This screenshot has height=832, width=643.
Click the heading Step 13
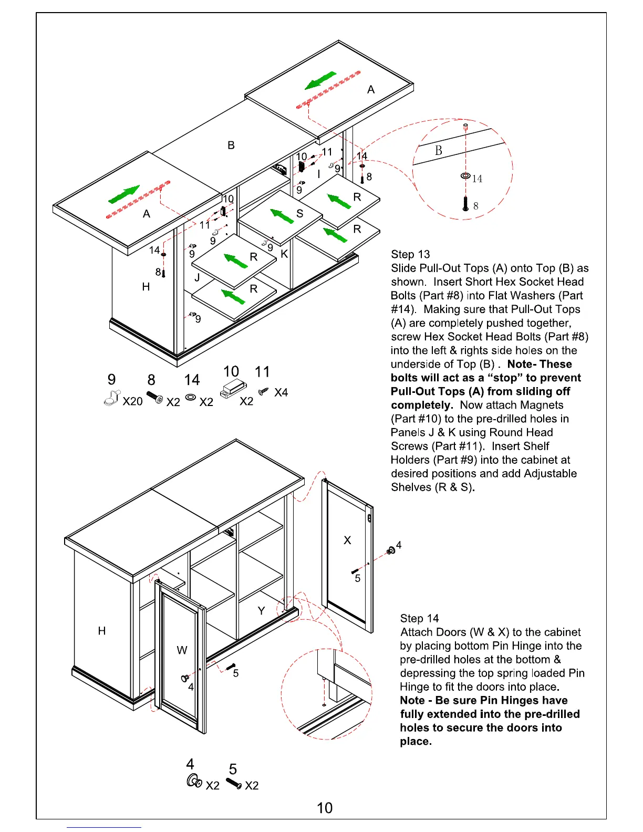tap(410, 255)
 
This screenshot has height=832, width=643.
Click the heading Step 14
tap(419, 619)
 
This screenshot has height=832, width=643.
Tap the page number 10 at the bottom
tap(325, 808)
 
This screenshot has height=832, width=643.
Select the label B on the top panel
tap(231, 145)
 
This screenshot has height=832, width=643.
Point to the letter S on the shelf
tap(300, 213)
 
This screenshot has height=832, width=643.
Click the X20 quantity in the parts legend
tap(132, 401)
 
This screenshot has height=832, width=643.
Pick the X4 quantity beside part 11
tap(281, 392)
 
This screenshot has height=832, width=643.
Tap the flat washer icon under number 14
tap(191, 397)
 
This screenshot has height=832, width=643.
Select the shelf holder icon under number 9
tap(112, 398)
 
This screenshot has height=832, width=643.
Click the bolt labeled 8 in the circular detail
tap(465, 204)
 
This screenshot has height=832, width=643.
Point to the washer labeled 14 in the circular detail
tap(465, 175)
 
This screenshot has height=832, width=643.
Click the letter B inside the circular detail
tap(439, 151)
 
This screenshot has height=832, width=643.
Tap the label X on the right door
tap(347, 540)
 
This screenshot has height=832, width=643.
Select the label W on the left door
tap(182, 650)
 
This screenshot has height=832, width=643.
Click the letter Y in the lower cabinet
tap(262, 610)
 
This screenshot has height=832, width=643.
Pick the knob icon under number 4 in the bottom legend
tap(193, 782)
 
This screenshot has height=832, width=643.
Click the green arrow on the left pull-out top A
tap(125, 194)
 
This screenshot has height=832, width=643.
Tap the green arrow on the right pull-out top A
tap(320, 80)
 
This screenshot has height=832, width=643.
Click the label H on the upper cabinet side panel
tap(146, 287)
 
